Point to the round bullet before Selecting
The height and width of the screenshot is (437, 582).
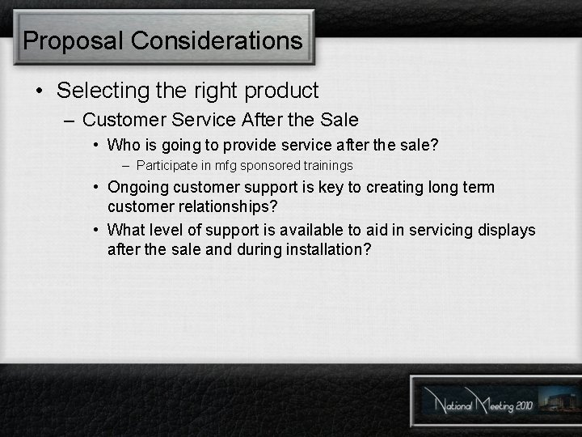[40, 91]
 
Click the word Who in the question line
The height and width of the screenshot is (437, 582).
[123, 146]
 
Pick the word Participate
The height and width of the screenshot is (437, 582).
[165, 166]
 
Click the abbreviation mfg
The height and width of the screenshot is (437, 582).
[218, 166]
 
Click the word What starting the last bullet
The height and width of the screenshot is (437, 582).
[124, 231]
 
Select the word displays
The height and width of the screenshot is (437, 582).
[506, 231]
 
